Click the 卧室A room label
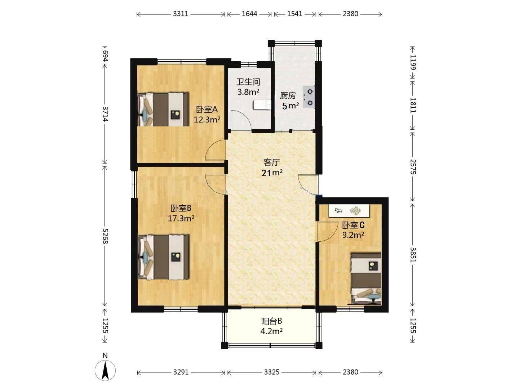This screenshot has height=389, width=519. click(x=207, y=109)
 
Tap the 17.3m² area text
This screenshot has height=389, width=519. click(x=181, y=218)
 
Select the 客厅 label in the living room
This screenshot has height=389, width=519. click(x=272, y=162)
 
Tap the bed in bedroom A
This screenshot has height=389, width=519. click(x=163, y=109)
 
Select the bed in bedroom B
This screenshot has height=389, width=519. click(x=164, y=257)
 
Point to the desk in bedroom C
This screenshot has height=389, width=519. click(x=349, y=211)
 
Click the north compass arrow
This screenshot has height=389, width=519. click(x=105, y=370)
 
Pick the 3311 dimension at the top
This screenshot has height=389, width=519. click(x=181, y=14)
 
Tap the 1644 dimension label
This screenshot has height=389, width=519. click(x=249, y=14)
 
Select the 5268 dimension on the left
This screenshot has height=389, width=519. click(x=105, y=236)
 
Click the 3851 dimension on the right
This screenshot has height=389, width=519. click(x=413, y=255)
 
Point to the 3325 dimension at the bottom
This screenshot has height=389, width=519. click(x=272, y=372)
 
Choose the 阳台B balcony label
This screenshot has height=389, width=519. click(x=271, y=321)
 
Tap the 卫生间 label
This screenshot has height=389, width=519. click(x=248, y=82)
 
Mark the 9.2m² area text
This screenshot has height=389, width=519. click(x=353, y=235)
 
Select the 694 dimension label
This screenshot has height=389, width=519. click(x=105, y=56)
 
